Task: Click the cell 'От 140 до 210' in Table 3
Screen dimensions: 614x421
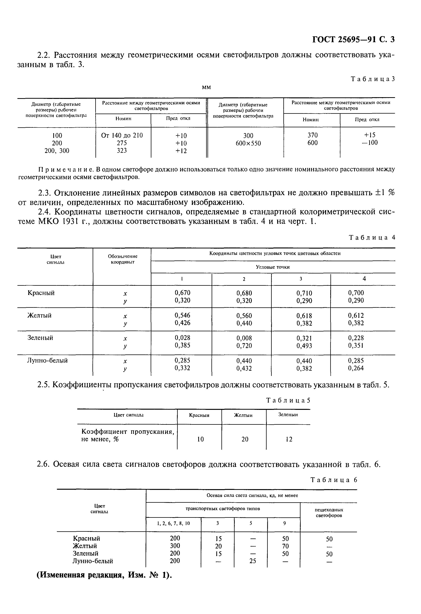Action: [x=122, y=135]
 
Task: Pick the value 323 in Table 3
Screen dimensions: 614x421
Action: [x=122, y=150]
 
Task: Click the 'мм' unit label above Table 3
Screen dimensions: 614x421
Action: [x=206, y=87]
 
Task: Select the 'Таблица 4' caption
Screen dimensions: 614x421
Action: [x=372, y=237]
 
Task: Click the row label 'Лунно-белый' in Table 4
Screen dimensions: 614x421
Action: [x=47, y=360]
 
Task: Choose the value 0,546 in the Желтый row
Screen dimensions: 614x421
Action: [x=182, y=315]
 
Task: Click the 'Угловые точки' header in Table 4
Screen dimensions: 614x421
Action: [x=273, y=267]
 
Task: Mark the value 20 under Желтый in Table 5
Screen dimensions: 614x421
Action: [x=245, y=439]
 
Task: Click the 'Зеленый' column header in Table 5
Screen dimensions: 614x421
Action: [x=288, y=415]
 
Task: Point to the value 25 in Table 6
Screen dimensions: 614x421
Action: [x=252, y=561]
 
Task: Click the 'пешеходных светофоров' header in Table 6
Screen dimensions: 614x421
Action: [x=329, y=512]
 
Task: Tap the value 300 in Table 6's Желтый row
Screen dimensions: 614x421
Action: [x=175, y=546]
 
